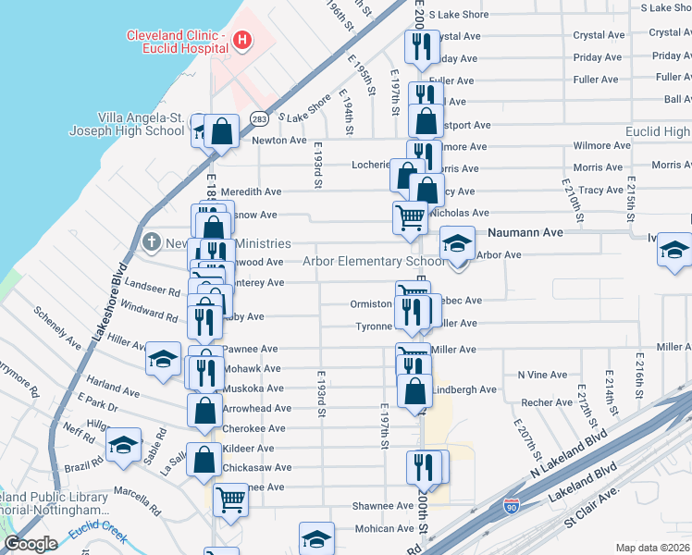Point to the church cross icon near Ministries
[152, 242]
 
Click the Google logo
[31, 544]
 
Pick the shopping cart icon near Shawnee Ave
[230, 501]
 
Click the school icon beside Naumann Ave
[457, 244]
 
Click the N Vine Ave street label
[542, 374]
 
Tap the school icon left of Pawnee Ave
[163, 359]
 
